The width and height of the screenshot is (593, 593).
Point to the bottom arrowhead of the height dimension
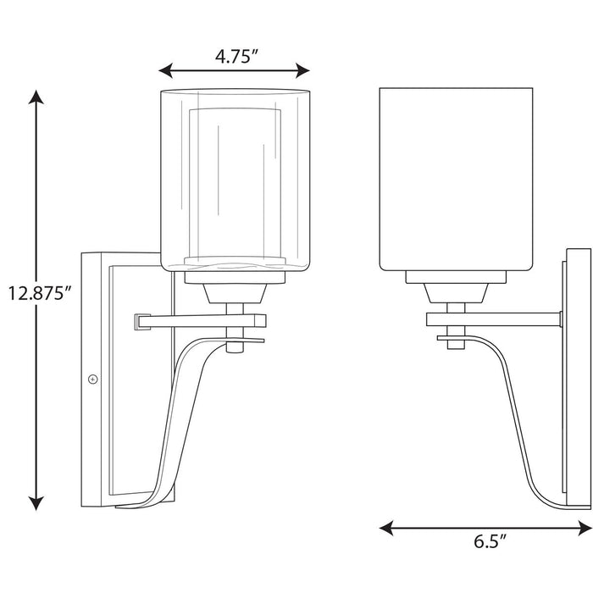coord(36,505)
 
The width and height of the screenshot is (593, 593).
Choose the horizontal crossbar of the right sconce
coord(491,319)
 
